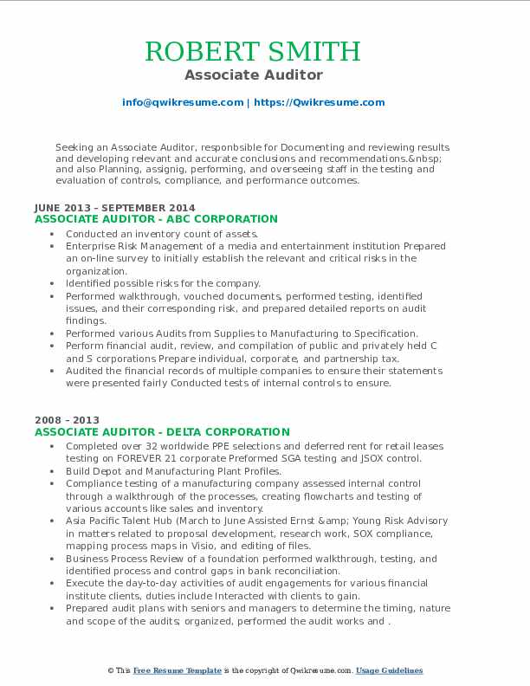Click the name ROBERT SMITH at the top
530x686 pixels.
[x=253, y=51]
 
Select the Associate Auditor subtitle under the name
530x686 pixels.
[x=253, y=75]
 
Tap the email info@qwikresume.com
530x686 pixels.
[x=183, y=102]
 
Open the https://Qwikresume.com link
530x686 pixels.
[x=319, y=102]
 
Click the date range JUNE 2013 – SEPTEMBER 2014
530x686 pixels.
[x=115, y=208]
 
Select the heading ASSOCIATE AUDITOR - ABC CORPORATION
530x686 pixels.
[x=156, y=220]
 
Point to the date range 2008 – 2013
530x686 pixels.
[x=66, y=420]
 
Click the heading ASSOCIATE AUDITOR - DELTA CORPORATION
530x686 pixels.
[x=162, y=432]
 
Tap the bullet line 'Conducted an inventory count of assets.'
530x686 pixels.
[x=162, y=234]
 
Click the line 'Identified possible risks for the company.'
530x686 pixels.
[x=164, y=283]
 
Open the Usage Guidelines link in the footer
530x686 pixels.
[x=389, y=671]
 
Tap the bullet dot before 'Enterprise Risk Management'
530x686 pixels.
[x=53, y=246]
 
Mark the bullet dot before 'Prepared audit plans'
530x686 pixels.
[x=53, y=609]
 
